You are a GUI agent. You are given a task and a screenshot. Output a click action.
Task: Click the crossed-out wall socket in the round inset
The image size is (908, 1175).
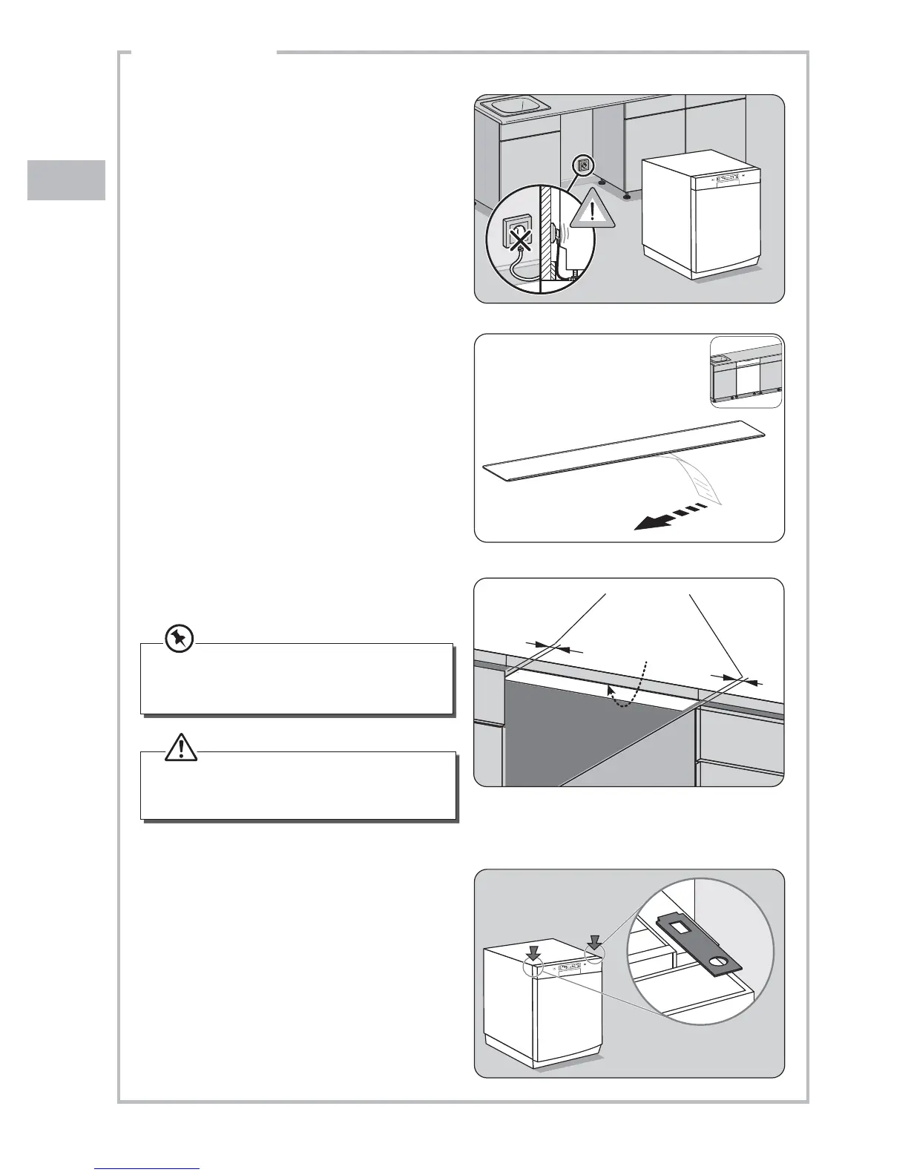point(522,237)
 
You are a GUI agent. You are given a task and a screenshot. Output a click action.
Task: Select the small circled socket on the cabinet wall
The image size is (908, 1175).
point(583,165)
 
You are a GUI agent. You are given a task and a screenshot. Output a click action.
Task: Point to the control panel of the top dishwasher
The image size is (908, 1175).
point(725,178)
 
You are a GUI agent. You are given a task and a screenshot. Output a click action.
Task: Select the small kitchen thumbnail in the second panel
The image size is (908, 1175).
point(746,373)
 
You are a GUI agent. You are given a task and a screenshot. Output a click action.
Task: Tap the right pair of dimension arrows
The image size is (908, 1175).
point(734,679)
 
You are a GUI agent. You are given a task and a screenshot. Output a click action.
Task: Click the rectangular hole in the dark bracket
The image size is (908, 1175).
point(682,926)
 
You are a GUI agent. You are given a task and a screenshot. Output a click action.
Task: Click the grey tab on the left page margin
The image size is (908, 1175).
point(66,180)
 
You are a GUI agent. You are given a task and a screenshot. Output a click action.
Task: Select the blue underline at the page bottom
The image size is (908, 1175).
point(148,1168)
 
